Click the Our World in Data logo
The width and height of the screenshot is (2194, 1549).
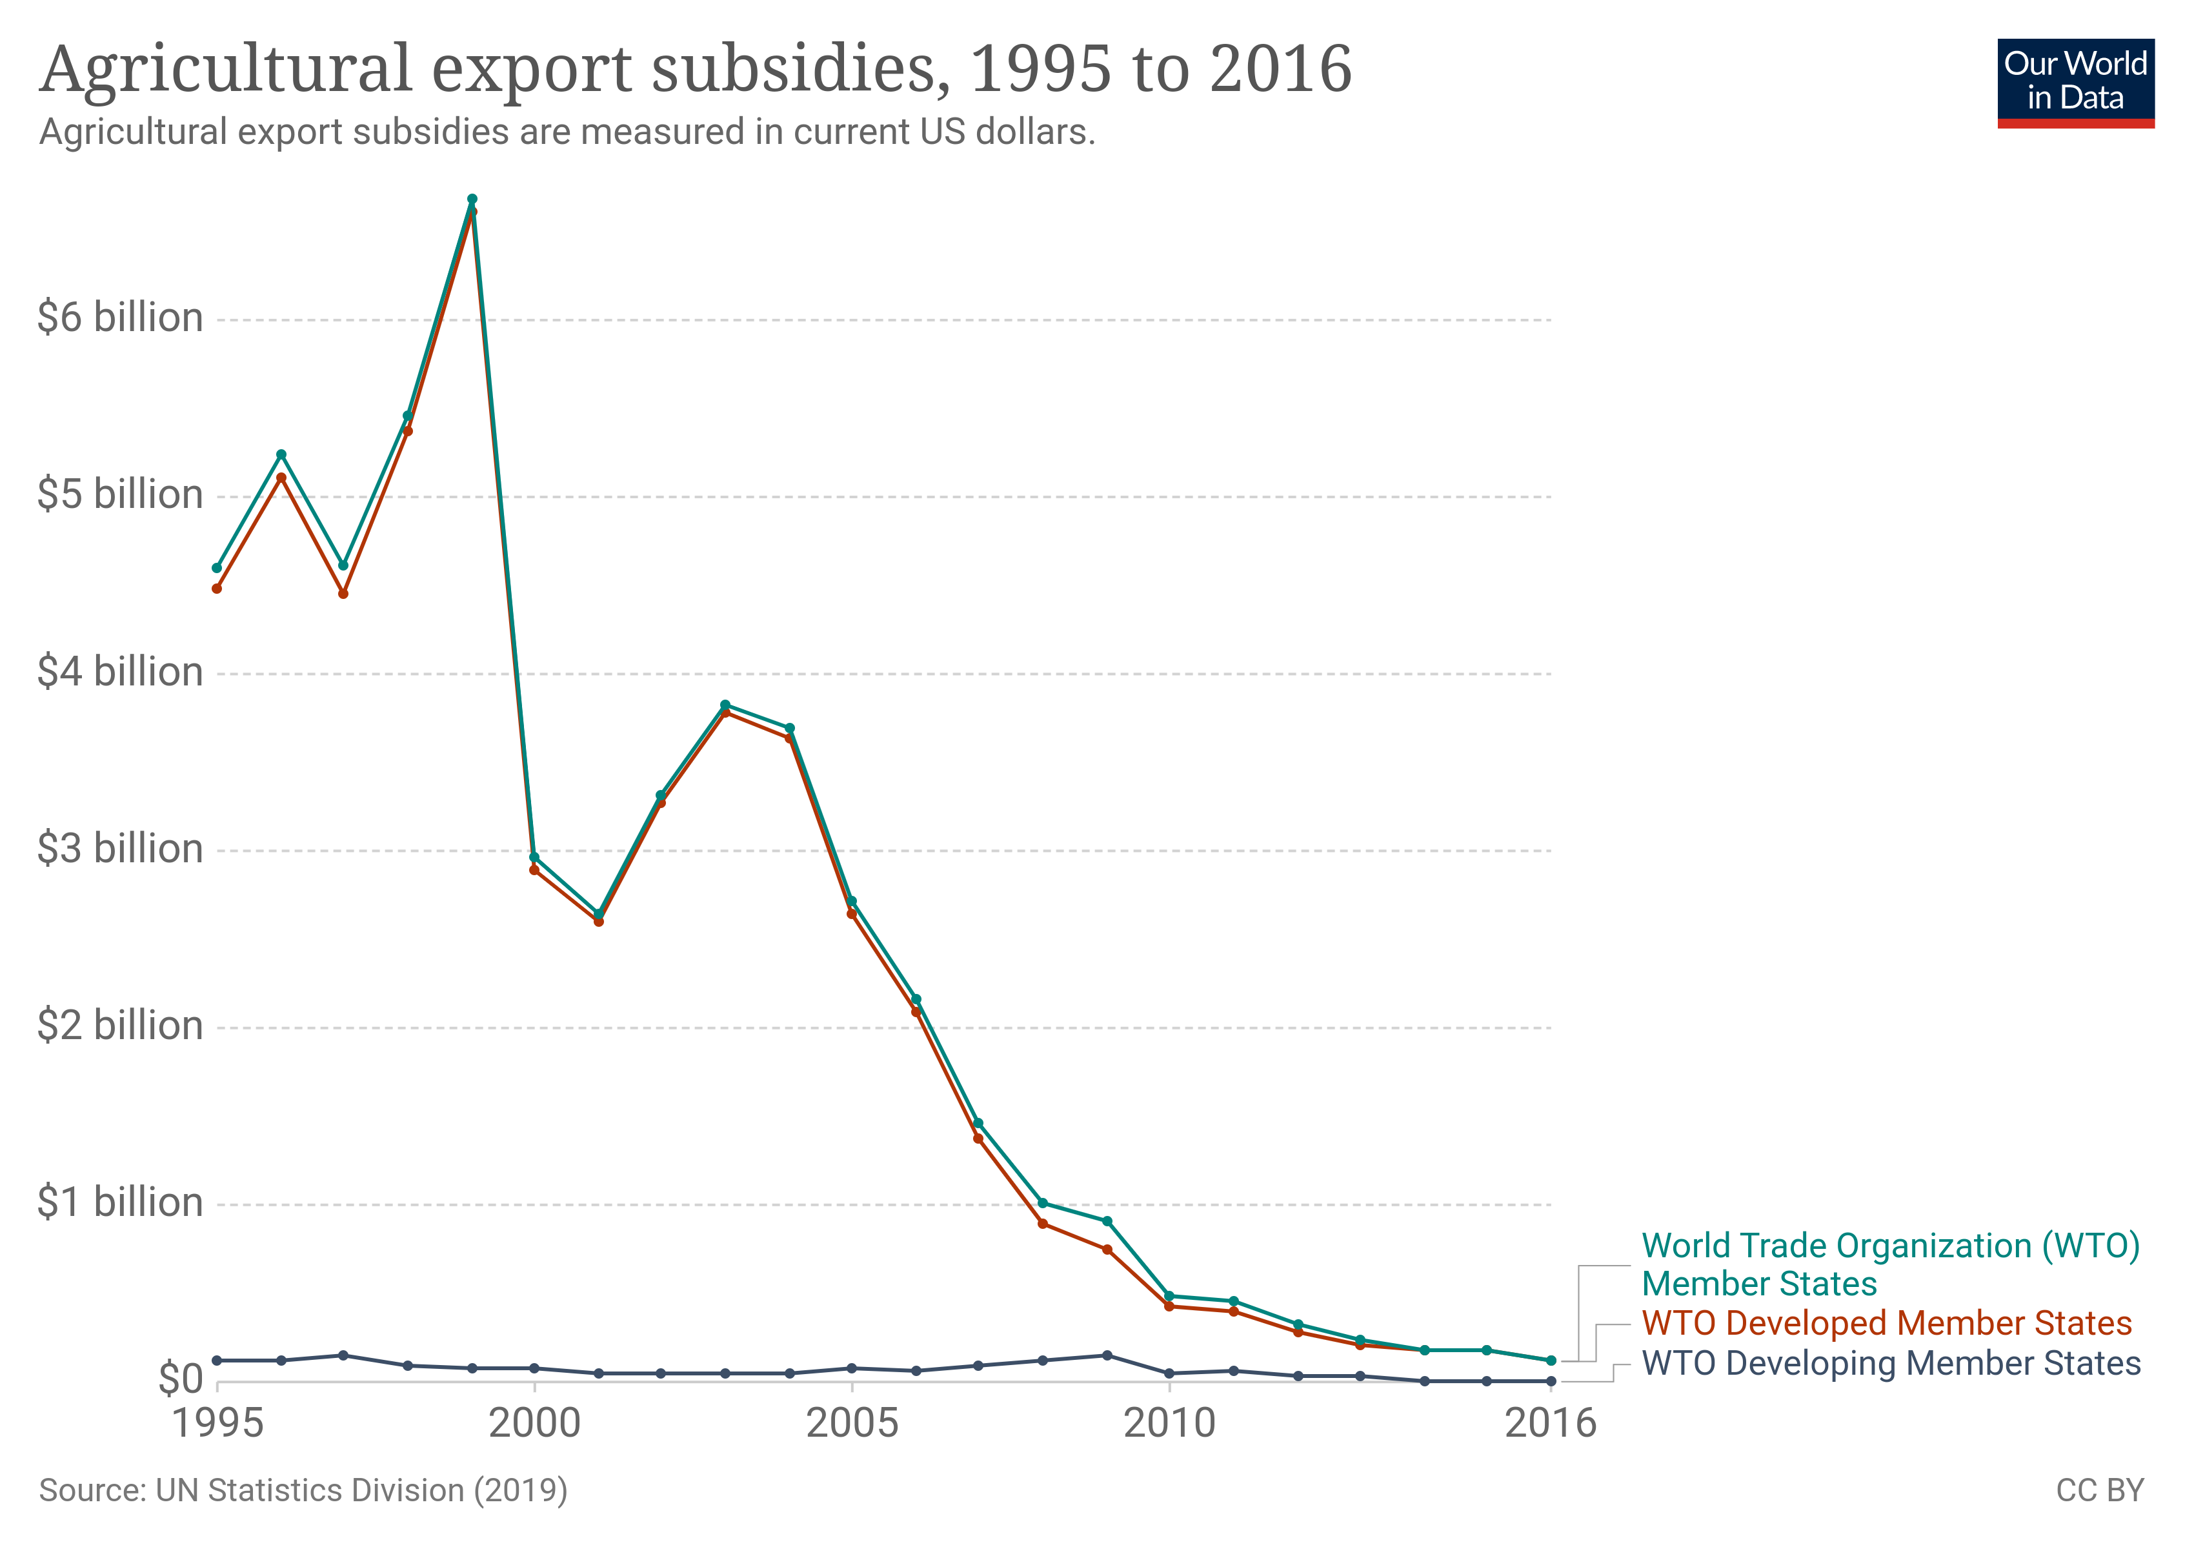[2075, 82]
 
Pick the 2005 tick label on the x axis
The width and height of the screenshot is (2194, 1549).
[851, 1424]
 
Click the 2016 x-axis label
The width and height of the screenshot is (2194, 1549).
[1550, 1424]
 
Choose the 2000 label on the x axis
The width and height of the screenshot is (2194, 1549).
[534, 1424]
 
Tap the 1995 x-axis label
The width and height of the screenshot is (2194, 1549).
[217, 1424]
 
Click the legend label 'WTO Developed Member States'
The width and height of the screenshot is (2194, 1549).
[1886, 1324]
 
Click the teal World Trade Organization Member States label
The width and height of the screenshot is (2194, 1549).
[1889, 1264]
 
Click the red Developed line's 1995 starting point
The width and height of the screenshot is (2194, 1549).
[217, 589]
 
